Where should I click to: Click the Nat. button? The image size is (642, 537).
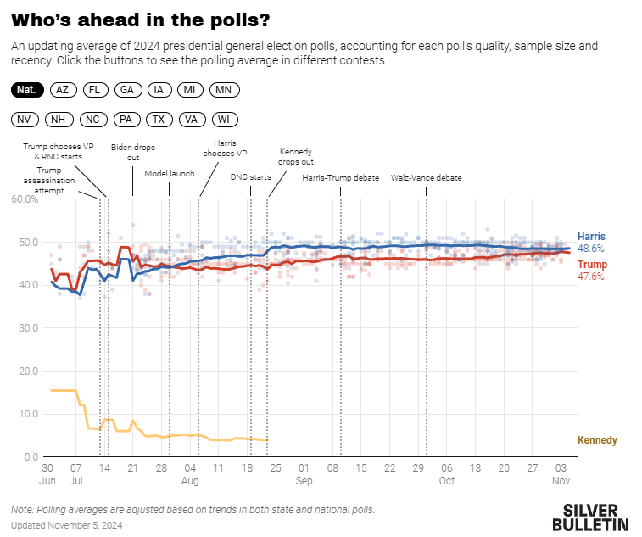28,90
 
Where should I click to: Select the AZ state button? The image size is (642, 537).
62,90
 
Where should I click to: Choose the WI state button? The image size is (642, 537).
223,120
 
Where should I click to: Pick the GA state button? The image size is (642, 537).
126,90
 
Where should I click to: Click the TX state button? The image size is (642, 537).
159,120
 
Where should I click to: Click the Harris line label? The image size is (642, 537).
591,237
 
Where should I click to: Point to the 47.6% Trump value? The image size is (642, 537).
591,277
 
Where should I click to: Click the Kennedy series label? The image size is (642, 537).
597,440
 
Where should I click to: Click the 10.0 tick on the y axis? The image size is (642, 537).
26,414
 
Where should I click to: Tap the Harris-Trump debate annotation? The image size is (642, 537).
340,179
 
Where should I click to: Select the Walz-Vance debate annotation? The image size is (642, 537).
426,179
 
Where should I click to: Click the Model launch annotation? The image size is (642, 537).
169,174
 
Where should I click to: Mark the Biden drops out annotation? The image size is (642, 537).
133,152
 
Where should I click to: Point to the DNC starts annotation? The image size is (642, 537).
250,177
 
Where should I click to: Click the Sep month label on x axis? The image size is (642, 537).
304,481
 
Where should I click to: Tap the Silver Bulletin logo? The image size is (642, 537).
595,517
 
